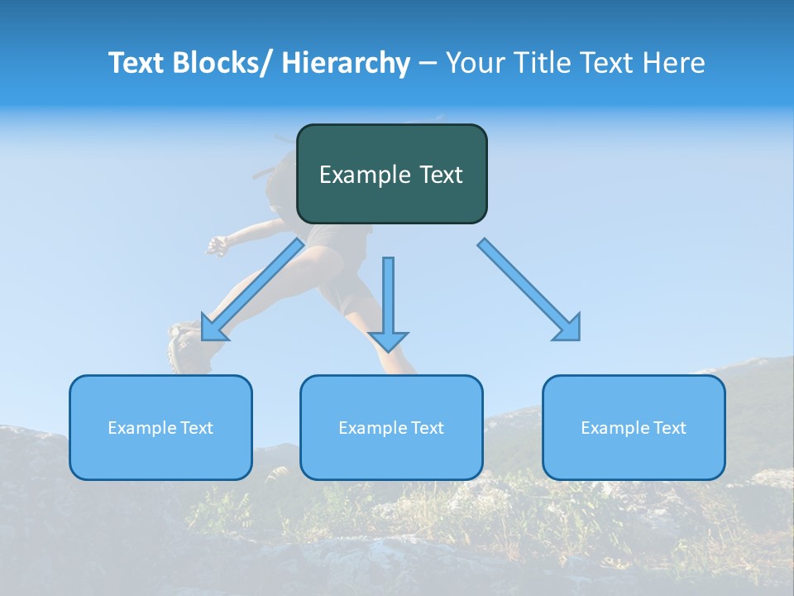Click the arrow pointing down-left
click(x=252, y=290)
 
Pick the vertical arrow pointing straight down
click(x=388, y=302)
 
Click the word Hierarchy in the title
click(x=345, y=63)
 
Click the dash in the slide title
click(x=427, y=64)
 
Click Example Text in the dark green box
click(x=391, y=175)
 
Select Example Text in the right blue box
click(x=634, y=428)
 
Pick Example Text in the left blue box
click(x=160, y=428)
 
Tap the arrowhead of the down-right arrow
click(x=568, y=329)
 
